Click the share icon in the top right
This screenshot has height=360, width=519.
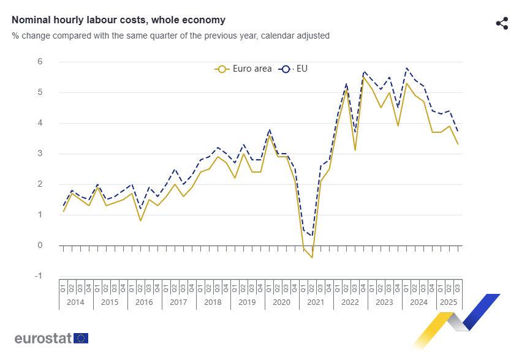click(x=502, y=23)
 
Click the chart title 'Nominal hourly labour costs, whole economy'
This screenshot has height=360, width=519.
click(x=118, y=20)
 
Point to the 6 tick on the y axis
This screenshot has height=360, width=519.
click(x=40, y=62)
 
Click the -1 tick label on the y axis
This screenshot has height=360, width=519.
click(x=39, y=276)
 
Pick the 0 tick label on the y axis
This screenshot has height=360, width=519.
click(x=40, y=246)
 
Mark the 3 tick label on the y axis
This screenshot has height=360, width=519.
click(x=40, y=154)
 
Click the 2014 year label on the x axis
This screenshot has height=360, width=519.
click(x=75, y=302)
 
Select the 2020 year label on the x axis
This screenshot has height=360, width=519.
click(x=281, y=302)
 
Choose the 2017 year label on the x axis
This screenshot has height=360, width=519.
click(x=178, y=302)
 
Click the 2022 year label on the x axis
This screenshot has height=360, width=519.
click(x=350, y=302)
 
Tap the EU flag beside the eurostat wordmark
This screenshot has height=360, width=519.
click(x=81, y=338)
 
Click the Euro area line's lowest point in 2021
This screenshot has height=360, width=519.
click(x=312, y=257)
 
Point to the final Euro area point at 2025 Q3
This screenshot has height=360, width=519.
click(x=458, y=144)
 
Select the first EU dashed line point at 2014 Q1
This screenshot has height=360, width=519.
click(x=63, y=206)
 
